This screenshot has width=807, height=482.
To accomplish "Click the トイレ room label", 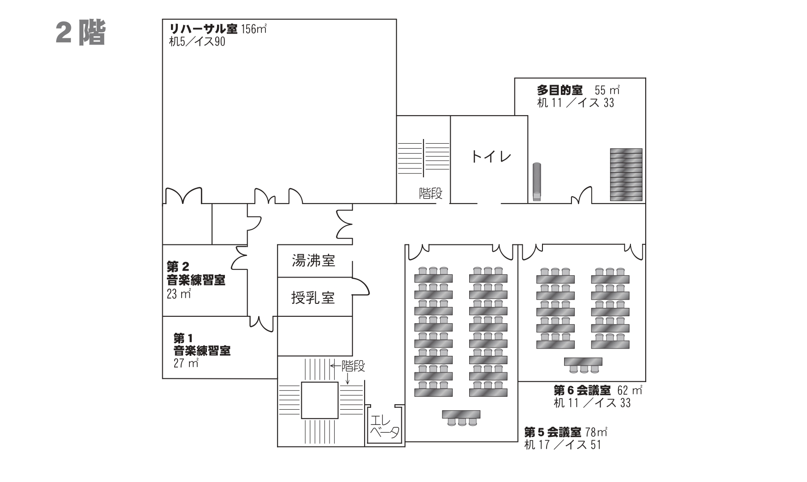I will (491, 157).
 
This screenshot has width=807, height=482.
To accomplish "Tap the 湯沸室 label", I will (313, 261).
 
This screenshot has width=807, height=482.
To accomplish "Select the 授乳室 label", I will (313, 298).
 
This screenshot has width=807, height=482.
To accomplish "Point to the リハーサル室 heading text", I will (203, 29).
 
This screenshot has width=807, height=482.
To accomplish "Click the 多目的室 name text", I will (560, 90).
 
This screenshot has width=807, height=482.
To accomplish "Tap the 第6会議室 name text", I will (582, 390).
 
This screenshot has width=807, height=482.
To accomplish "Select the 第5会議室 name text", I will (552, 432).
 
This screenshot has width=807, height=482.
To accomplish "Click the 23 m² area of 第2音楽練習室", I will (179, 294).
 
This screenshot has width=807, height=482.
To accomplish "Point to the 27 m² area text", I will (186, 363).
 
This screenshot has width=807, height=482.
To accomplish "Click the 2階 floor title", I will (81, 33).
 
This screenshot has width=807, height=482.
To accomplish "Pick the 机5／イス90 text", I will (197, 42).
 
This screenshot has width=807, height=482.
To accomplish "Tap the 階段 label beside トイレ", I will (430, 193).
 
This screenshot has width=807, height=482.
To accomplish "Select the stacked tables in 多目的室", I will (626, 174).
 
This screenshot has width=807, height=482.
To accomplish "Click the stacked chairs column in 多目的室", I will (536, 182).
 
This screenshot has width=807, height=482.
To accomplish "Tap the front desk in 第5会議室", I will (461, 414).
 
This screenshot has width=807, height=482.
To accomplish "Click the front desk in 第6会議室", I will (583, 362).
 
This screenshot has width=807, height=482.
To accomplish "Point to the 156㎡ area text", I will (254, 29).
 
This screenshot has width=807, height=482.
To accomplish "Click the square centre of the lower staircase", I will (319, 400).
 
